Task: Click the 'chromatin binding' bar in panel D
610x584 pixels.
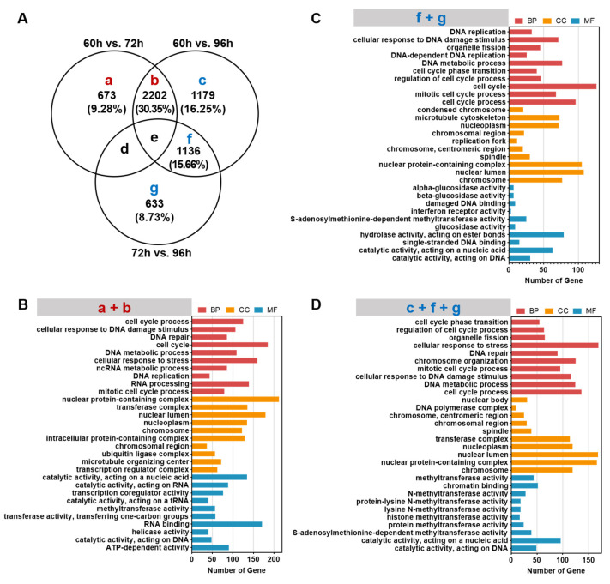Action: coord(525,485)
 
